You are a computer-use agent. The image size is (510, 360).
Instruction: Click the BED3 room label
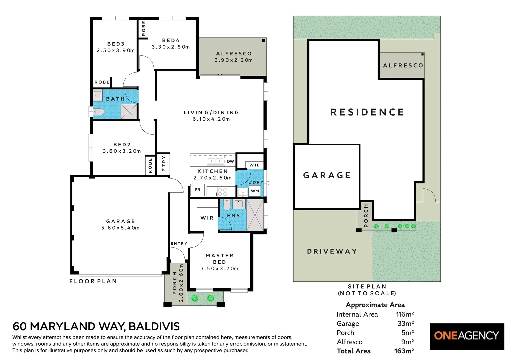click(x=116, y=44)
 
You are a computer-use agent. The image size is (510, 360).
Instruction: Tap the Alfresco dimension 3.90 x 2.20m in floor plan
click(x=234, y=60)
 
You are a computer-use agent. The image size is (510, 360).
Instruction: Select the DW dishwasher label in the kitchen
click(x=230, y=161)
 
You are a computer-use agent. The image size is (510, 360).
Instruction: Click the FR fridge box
click(x=197, y=190)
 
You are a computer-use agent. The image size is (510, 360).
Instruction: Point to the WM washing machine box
click(x=255, y=191)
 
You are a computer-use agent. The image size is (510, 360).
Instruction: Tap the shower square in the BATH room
click(x=129, y=112)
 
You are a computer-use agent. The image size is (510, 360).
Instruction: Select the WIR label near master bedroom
click(x=207, y=218)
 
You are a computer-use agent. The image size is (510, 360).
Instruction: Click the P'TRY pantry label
click(x=164, y=164)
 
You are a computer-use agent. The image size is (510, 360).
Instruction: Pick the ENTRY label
click(x=179, y=243)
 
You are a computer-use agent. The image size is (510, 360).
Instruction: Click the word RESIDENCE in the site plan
click(x=367, y=112)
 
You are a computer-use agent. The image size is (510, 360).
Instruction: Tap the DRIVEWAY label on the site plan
click(x=332, y=251)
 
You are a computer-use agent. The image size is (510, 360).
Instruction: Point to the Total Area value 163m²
click(x=404, y=351)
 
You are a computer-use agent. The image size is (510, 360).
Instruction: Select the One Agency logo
click(x=467, y=337)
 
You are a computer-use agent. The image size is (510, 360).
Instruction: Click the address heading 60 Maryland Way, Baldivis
click(x=96, y=327)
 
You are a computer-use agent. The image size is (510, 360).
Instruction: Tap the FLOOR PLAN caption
click(x=93, y=281)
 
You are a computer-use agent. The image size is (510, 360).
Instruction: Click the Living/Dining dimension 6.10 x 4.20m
click(x=211, y=119)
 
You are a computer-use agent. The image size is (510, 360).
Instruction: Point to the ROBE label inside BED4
click(x=144, y=28)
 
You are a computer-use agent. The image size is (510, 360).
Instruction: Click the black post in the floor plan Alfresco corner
click(x=264, y=41)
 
